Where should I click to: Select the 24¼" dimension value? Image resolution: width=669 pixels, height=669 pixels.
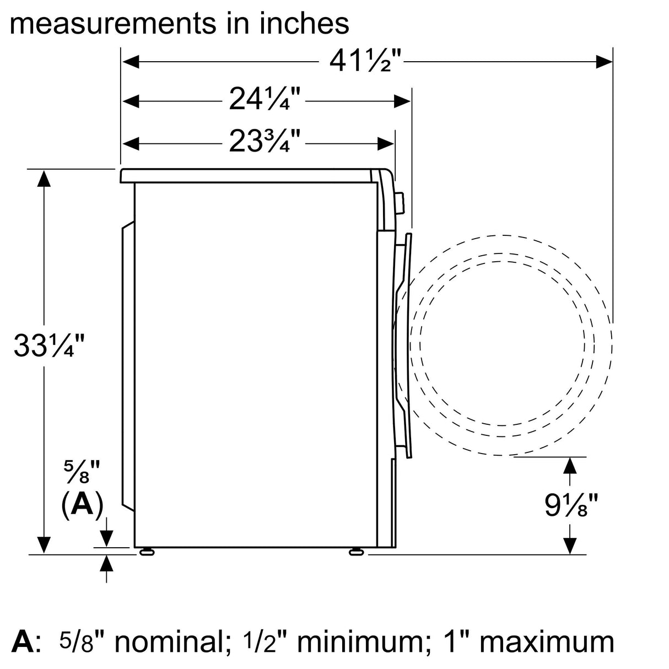point(264,99)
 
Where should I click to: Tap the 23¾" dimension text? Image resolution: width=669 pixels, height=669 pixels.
point(264,141)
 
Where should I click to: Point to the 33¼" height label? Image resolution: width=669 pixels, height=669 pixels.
point(49,346)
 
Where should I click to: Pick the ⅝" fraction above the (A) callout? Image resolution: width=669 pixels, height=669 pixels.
point(81,472)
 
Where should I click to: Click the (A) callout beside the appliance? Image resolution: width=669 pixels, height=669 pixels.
point(82,504)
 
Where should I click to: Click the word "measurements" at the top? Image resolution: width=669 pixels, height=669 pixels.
point(111,24)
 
